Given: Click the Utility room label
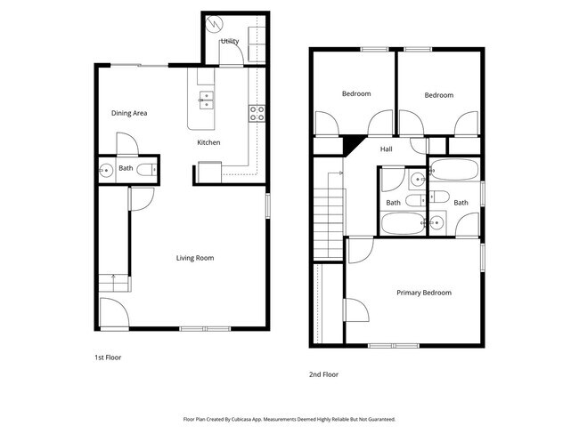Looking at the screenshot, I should (x=229, y=41).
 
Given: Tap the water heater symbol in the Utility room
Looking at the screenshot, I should (x=214, y=23).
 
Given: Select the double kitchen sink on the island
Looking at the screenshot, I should (x=206, y=99).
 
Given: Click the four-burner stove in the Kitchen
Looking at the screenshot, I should (x=257, y=112).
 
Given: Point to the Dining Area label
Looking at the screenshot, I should (x=129, y=113).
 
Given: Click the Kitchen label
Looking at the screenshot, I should (x=208, y=142).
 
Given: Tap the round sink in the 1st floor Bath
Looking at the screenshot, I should (x=105, y=168).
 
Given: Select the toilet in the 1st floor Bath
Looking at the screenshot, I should (x=151, y=168).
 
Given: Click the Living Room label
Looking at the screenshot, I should (x=194, y=258).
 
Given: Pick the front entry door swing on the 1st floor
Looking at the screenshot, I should (x=110, y=313).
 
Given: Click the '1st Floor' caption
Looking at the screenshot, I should (x=108, y=357).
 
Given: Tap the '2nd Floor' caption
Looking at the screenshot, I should (x=325, y=374).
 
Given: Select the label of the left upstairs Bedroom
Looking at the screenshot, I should (x=356, y=93).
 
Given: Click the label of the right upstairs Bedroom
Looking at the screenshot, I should (x=438, y=95).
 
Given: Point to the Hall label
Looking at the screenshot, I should (x=387, y=149).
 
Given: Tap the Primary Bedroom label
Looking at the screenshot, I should (x=424, y=293).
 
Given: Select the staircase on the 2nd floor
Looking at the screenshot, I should (x=331, y=218).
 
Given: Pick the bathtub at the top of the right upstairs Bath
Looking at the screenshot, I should (x=454, y=170).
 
